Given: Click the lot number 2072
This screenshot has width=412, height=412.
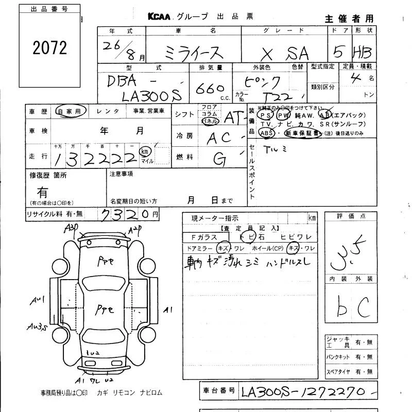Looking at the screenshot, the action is click(x=49, y=48).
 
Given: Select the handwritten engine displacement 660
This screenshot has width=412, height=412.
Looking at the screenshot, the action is click(x=210, y=88).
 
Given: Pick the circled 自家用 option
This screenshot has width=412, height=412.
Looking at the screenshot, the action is click(x=68, y=111).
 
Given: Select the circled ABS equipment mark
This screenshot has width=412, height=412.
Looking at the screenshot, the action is click(x=267, y=133).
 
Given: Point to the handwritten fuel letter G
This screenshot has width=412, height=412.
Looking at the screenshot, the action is click(x=220, y=159).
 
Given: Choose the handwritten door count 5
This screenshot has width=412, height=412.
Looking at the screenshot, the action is click(x=337, y=51).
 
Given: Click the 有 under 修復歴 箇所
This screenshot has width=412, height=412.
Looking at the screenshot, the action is click(x=42, y=192).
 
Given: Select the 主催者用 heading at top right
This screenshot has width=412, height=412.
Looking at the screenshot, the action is click(x=349, y=19).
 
